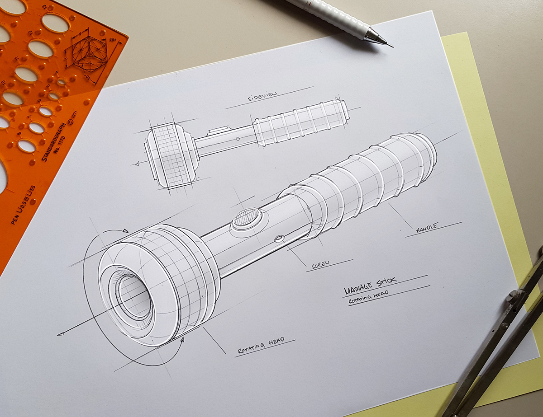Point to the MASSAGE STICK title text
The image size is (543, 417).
point(370,284)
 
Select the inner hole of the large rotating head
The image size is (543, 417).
point(134,295)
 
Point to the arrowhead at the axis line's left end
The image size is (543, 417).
point(60,334)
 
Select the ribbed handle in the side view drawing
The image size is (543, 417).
point(301,122)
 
